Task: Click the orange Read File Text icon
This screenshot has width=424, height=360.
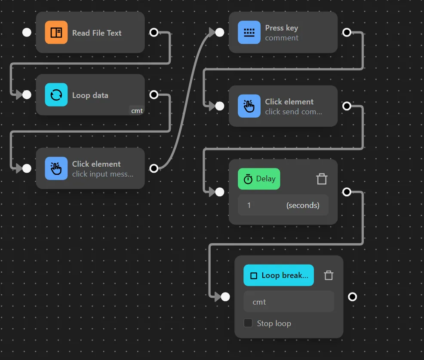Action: tap(56, 33)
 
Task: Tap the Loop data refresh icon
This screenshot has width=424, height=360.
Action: tap(56, 95)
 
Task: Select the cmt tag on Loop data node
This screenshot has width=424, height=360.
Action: tap(137, 111)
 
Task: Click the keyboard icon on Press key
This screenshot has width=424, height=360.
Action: tap(249, 33)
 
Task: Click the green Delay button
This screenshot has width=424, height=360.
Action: tap(259, 179)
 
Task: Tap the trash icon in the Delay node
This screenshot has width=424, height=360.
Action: tap(322, 179)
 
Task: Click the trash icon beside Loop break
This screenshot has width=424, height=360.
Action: tap(329, 275)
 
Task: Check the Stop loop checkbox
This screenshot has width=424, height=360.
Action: tap(248, 323)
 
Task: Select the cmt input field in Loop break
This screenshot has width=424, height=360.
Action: tap(289, 302)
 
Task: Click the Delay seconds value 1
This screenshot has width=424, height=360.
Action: tap(249, 205)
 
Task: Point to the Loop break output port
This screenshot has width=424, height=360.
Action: tap(352, 297)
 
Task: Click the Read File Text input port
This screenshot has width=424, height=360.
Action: tap(27, 33)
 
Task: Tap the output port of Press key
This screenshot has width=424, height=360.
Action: tap(347, 33)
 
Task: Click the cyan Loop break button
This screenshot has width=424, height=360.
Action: tap(279, 275)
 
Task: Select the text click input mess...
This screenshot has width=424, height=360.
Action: tap(103, 174)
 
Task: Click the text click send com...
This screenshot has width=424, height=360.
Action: tap(293, 112)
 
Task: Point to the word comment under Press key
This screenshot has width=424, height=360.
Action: tap(282, 38)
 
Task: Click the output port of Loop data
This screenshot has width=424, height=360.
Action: tap(154, 95)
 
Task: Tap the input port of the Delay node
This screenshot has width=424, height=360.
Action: tap(220, 192)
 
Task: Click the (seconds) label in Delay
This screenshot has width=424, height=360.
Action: tap(303, 205)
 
